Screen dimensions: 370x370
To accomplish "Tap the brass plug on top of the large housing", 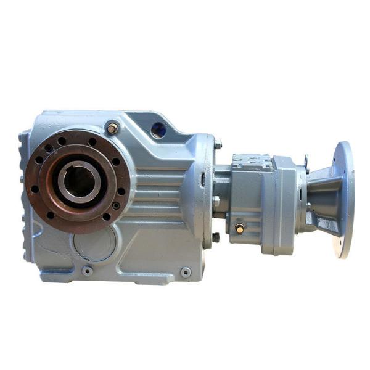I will tap(112, 128).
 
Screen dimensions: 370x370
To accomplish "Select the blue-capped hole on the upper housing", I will tap(159, 129).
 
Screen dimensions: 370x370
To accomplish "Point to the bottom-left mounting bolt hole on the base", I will tap(87, 270).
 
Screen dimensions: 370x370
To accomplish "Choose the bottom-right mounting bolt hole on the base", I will tap(186, 271).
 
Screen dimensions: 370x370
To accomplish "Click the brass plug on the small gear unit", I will tap(239, 228).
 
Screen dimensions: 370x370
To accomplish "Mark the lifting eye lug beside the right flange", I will tap(306, 162).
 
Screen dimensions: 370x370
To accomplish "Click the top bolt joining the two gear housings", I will tap(218, 146).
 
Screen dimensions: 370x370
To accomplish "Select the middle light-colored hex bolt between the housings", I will tap(216, 201).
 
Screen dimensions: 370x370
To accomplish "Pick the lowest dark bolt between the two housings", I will tap(216, 237).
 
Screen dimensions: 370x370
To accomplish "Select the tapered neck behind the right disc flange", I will tap(320, 197).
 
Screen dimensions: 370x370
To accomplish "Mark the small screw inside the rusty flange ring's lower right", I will tap(115, 205).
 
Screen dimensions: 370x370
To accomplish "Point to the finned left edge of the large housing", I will tap(25, 185).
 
